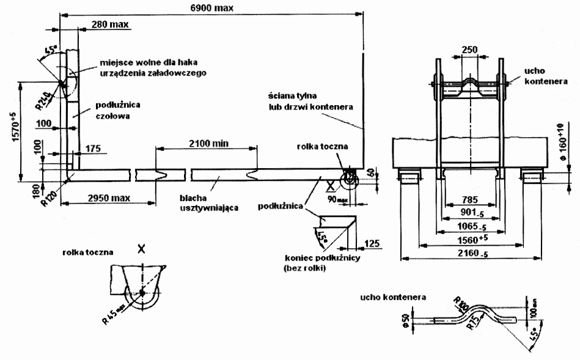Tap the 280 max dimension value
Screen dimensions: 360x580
pyautogui.click(x=108, y=24)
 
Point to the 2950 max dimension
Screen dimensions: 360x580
pyautogui.click(x=108, y=199)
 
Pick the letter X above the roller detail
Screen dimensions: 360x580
pyautogui.click(x=142, y=249)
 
